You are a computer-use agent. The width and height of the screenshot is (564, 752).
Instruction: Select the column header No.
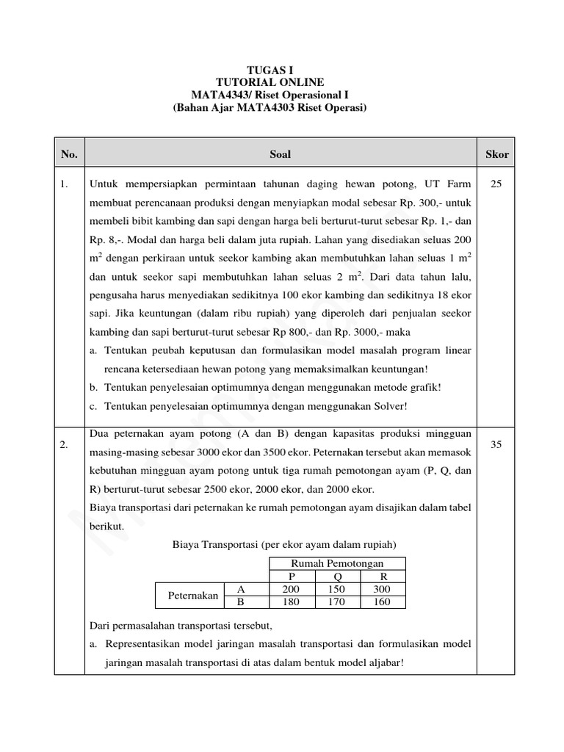pyautogui.click(x=69, y=154)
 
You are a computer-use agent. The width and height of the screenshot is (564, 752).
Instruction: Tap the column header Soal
pyautogui.click(x=281, y=154)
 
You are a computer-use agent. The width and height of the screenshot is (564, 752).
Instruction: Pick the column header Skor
pyautogui.click(x=496, y=154)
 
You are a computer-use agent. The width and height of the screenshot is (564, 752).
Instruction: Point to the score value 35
pyautogui.click(x=496, y=445)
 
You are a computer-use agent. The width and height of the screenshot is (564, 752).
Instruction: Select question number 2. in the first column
pyautogui.click(x=65, y=445)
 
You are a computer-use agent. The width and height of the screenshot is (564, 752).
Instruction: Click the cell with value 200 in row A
pyautogui.click(x=291, y=589)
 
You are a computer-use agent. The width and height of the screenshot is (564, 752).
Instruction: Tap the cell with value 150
pyautogui.click(x=338, y=589)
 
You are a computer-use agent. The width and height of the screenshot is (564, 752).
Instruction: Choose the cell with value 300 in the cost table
pyautogui.click(x=383, y=589)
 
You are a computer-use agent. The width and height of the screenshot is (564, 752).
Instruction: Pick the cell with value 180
pyautogui.click(x=291, y=602)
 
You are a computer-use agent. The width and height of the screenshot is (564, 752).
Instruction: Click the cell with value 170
pyautogui.click(x=338, y=602)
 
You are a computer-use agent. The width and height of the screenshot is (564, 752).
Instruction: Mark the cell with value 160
pyautogui.click(x=383, y=602)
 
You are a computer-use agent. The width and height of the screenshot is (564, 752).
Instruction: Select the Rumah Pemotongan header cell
pyautogui.click(x=337, y=563)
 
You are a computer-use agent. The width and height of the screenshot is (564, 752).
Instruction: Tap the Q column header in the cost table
pyautogui.click(x=338, y=576)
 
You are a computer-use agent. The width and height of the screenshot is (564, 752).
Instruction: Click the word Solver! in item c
pyautogui.click(x=385, y=406)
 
